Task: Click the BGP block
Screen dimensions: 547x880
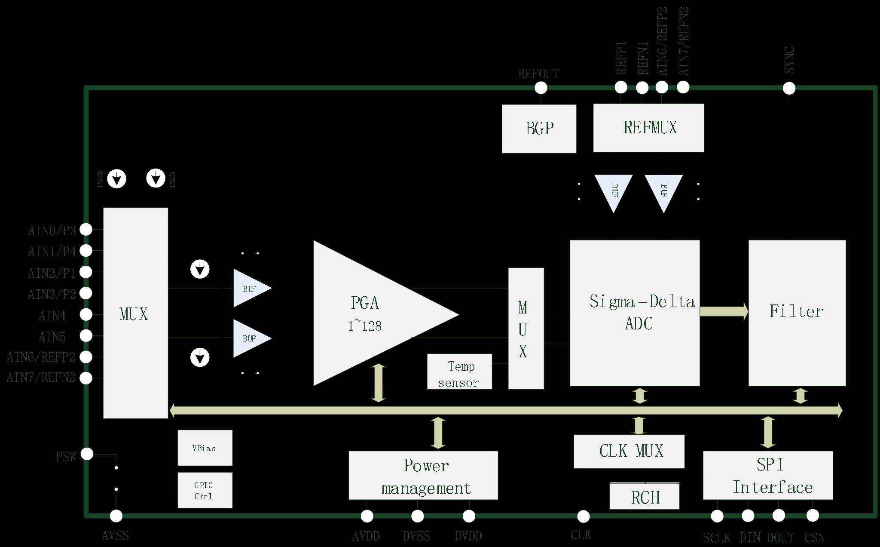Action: [x=539, y=129]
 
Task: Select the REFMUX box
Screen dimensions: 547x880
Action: [x=648, y=128]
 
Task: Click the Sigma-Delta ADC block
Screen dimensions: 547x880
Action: [x=635, y=313]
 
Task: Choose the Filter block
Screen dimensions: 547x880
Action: [x=797, y=313]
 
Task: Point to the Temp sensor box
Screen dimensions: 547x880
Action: [x=459, y=372]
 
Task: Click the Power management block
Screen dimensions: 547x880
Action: [x=423, y=475]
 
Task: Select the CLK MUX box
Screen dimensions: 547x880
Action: [x=629, y=451]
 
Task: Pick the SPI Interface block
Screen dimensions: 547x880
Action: [x=768, y=475]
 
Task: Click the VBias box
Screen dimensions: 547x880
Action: [x=205, y=448]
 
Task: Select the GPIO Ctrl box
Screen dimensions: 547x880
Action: [x=205, y=490]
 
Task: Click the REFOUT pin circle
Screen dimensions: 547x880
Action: [x=541, y=88]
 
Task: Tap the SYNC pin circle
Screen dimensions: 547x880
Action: [x=789, y=88]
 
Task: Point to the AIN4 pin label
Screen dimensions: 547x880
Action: [x=52, y=316]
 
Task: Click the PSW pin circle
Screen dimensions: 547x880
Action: [x=87, y=454]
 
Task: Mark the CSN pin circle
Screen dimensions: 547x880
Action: [x=813, y=515]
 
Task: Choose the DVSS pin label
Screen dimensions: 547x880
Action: [x=416, y=536]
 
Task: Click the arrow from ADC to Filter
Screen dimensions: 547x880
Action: [x=724, y=311]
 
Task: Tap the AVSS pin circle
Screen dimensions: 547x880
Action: [x=116, y=516]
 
